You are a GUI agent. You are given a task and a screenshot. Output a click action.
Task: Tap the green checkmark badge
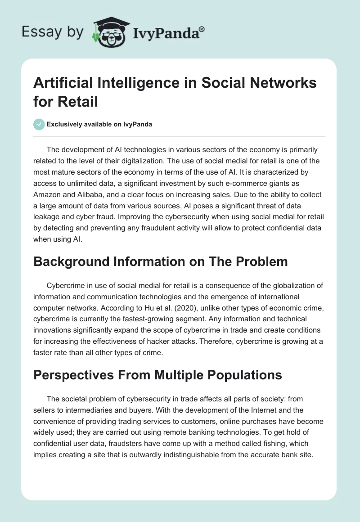pyautogui.click(x=39, y=124)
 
